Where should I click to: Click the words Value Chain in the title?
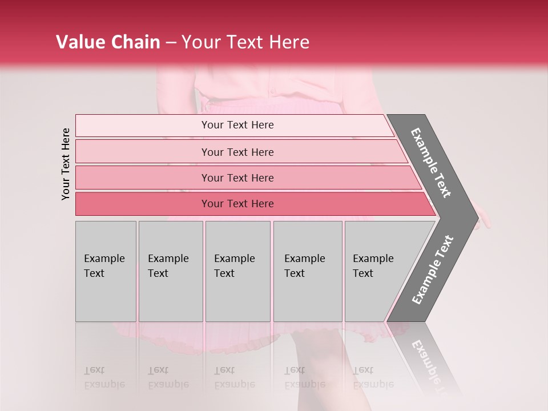click(108, 42)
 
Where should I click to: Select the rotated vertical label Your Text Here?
click(66, 164)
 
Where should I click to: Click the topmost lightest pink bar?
click(237, 125)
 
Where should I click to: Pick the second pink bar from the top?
click(237, 152)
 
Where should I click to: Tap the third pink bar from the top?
click(237, 178)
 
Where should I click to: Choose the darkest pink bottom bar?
click(237, 204)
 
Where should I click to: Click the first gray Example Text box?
click(106, 271)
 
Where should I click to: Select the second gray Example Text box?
click(170, 271)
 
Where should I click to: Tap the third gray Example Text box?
click(237, 271)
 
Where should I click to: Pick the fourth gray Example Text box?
click(307, 271)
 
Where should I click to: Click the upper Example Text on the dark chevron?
click(431, 163)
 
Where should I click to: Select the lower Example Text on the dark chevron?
click(433, 270)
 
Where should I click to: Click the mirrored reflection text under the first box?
click(104, 377)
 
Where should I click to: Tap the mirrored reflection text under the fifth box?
click(373, 377)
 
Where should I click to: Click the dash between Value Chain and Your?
click(171, 43)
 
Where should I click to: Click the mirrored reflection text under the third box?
click(235, 377)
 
